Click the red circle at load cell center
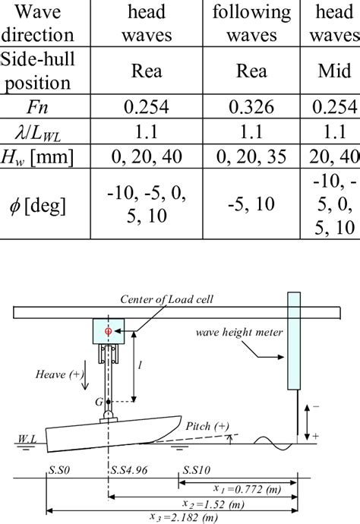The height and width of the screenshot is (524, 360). click(x=108, y=331)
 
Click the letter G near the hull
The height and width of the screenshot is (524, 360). click(x=97, y=401)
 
